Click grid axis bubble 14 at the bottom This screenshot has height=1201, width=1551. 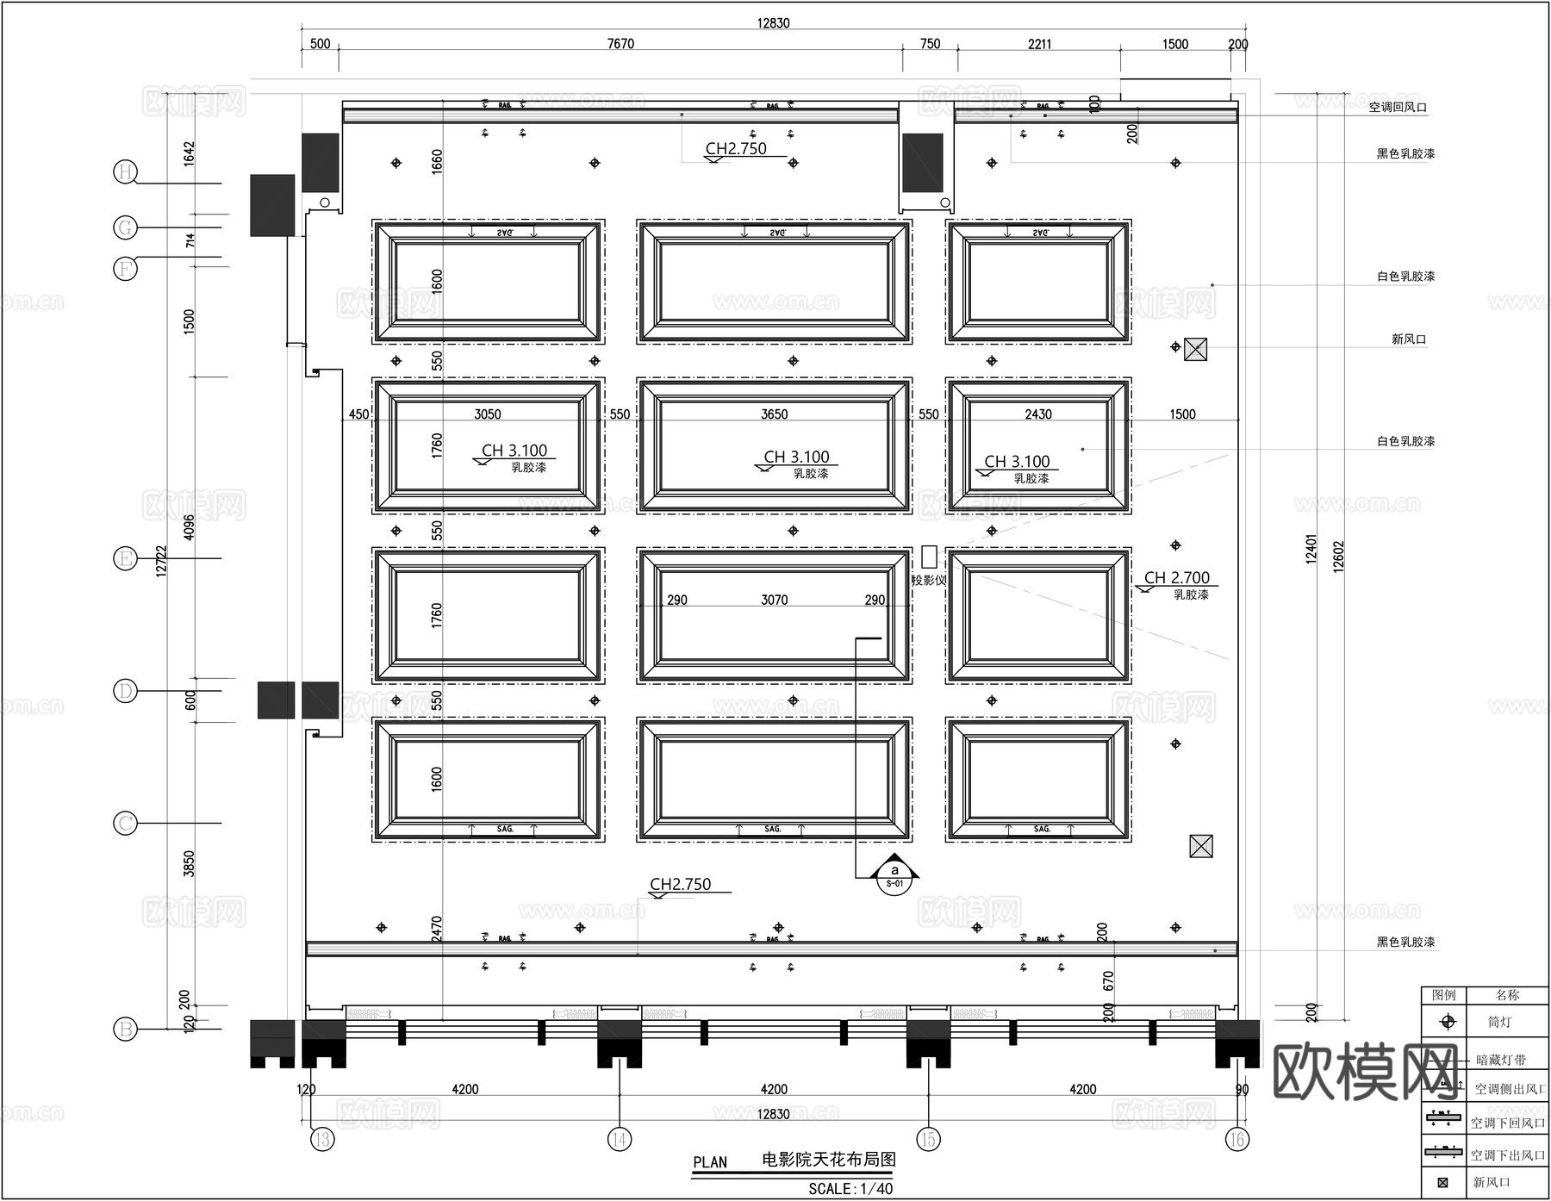[x=619, y=1140]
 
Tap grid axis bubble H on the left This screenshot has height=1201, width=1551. [x=126, y=171]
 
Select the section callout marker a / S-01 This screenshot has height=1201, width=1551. [x=894, y=876]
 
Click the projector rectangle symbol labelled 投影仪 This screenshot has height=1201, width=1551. [x=928, y=557]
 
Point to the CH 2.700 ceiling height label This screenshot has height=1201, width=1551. [x=1176, y=578]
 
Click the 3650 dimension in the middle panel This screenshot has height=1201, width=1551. [x=774, y=414]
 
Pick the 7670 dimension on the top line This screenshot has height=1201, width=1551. [x=620, y=44]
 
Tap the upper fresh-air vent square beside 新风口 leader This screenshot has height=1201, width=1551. [x=1195, y=349]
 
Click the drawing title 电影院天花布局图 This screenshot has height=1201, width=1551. [x=828, y=1160]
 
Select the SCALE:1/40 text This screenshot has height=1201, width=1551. [x=850, y=1189]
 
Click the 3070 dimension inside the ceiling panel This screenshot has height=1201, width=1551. [x=774, y=600]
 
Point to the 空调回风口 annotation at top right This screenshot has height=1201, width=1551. [x=1398, y=108]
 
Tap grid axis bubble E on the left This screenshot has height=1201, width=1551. [x=126, y=558]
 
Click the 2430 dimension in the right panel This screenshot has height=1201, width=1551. [x=1037, y=414]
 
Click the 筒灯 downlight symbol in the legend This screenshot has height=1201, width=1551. [x=1448, y=1022]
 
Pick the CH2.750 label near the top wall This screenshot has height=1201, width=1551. [x=736, y=148]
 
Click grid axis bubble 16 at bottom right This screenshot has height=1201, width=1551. [x=1236, y=1140]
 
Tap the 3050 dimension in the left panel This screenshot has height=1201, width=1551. [x=487, y=414]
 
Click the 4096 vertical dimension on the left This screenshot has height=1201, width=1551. [x=190, y=527]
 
